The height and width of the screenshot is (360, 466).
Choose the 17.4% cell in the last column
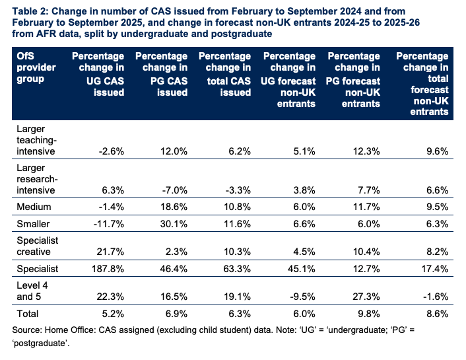(434, 269)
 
